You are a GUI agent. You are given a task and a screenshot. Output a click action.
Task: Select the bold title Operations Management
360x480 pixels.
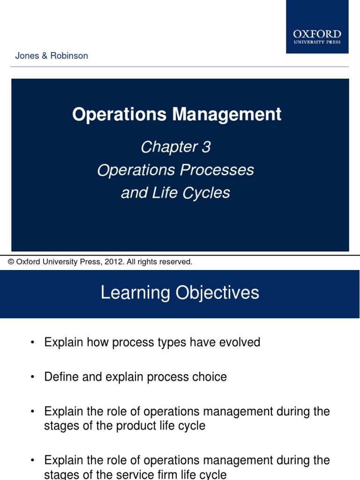[177, 114]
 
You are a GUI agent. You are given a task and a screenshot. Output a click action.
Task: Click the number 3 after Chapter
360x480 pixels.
[206, 147]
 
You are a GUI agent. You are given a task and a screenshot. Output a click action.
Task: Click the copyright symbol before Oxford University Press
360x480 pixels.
[11, 262]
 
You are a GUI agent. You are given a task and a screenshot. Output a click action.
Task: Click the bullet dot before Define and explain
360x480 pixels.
[32, 377]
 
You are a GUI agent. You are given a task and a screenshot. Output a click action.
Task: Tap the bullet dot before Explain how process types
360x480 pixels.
[32, 343]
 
